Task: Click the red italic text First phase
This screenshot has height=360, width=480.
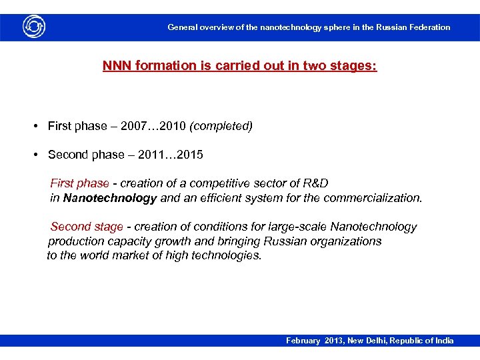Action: (79, 183)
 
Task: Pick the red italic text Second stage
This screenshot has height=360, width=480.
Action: (87, 227)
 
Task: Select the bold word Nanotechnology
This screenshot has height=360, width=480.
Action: (110, 198)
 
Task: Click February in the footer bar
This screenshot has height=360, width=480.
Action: (303, 341)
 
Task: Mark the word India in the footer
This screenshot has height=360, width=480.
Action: (443, 341)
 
